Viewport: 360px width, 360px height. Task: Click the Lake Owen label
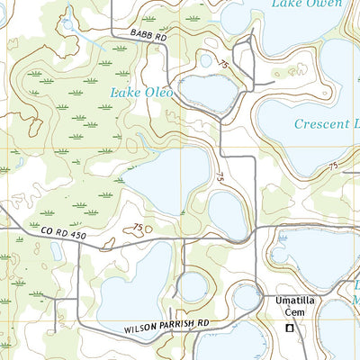[x=307, y=4]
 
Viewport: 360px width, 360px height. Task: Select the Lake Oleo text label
[x=140, y=91]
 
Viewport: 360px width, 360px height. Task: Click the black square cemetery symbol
[x=289, y=329]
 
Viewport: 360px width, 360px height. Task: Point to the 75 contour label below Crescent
[x=333, y=166]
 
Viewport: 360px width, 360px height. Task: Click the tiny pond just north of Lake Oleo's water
[x=206, y=62]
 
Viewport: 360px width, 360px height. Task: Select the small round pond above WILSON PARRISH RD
[x=193, y=287]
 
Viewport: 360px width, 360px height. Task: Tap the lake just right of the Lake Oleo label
[x=209, y=92]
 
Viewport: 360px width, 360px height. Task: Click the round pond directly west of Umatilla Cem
[x=247, y=297]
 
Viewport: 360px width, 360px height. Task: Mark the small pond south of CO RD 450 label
[x=57, y=253]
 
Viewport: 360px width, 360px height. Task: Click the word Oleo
[x=157, y=91]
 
